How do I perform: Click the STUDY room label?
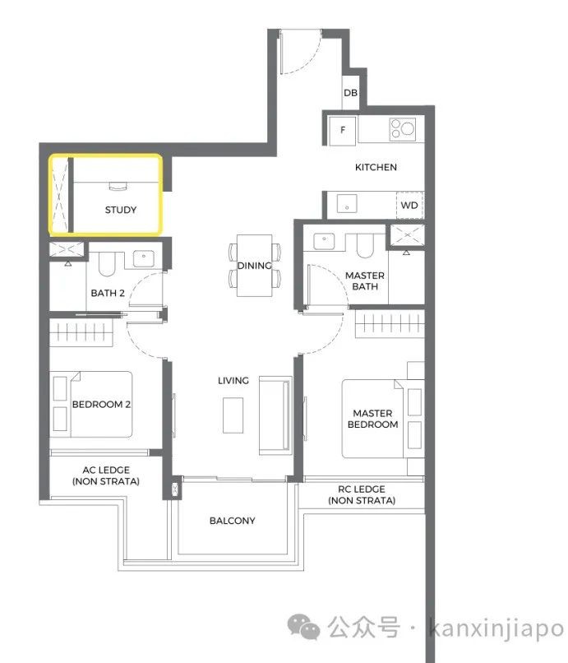[121, 210]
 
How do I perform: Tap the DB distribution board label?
[350, 93]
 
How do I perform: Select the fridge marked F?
[342, 130]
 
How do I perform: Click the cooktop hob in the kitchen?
[402, 128]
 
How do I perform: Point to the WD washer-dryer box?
[409, 205]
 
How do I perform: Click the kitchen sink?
[347, 204]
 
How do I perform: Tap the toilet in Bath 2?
[107, 264]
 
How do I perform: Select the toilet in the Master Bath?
[366, 246]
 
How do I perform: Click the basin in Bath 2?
[144, 259]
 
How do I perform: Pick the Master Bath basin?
[324, 241]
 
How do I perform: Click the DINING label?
[255, 266]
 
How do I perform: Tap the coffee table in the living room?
[233, 415]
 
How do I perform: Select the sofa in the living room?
[275, 415]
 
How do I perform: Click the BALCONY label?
[233, 521]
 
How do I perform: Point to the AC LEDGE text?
[106, 470]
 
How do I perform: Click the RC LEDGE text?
[362, 489]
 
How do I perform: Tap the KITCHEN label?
[376, 167]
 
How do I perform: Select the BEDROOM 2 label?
[101, 404]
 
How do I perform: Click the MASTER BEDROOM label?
[372, 419]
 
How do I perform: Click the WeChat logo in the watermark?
[303, 626]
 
